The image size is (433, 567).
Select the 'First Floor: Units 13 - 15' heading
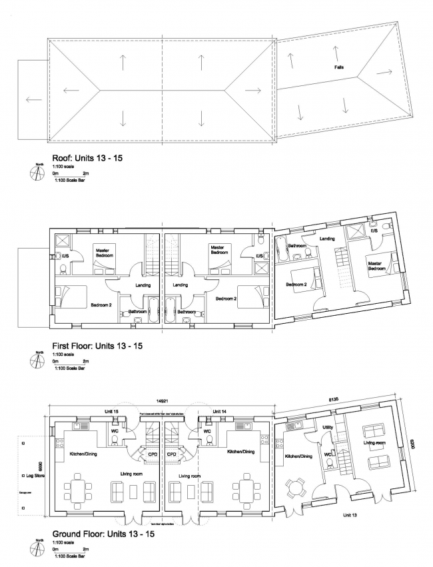point(97,346)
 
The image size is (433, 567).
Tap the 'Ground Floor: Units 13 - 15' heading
point(103,534)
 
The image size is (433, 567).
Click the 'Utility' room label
point(327,427)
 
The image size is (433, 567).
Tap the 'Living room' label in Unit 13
point(375,442)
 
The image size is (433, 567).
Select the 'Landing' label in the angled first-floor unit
point(327,238)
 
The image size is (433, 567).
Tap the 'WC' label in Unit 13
point(328,455)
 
